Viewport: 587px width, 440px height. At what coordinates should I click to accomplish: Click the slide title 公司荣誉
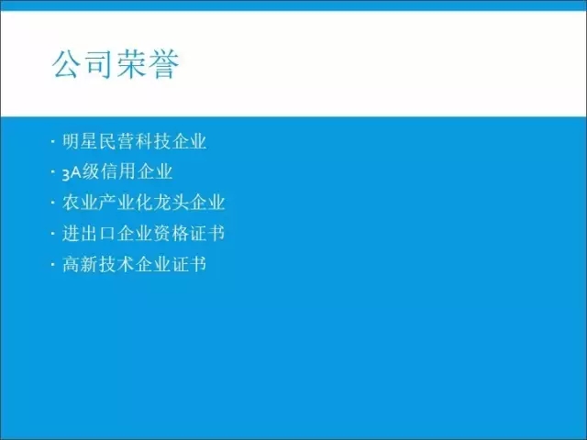click(x=116, y=64)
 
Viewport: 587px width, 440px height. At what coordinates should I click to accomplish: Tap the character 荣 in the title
click(x=131, y=64)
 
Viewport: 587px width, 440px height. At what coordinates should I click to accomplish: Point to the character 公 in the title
click(x=67, y=64)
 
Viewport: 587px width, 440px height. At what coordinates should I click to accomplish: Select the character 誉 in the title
click(x=164, y=64)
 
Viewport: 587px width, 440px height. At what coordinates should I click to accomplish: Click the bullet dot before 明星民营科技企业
click(x=53, y=141)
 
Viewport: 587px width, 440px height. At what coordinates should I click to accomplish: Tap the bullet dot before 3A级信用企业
click(x=53, y=172)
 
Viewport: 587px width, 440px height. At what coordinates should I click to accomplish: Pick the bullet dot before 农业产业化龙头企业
click(x=53, y=203)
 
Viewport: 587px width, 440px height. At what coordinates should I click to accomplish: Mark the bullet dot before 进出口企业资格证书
click(x=53, y=234)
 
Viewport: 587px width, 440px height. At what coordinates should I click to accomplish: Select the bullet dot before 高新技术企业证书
click(x=53, y=264)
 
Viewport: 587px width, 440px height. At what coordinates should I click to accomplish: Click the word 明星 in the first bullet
click(x=80, y=141)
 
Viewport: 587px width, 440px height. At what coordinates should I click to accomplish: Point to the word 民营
click(x=116, y=141)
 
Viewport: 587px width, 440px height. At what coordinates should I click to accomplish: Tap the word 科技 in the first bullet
click(x=152, y=141)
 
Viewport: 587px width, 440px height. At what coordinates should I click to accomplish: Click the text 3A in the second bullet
click(x=72, y=173)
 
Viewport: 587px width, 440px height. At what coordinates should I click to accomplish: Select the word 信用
click(x=118, y=172)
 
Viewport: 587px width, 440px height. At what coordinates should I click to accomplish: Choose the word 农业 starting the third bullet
click(x=80, y=203)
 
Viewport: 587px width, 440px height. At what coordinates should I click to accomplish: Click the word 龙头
click(x=171, y=203)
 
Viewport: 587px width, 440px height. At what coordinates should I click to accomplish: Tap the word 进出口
click(x=89, y=234)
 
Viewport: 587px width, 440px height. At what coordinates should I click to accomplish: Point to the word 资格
click(x=171, y=234)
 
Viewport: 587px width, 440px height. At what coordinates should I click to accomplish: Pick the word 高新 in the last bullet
click(x=80, y=264)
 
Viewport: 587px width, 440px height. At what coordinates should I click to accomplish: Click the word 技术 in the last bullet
click(x=116, y=264)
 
